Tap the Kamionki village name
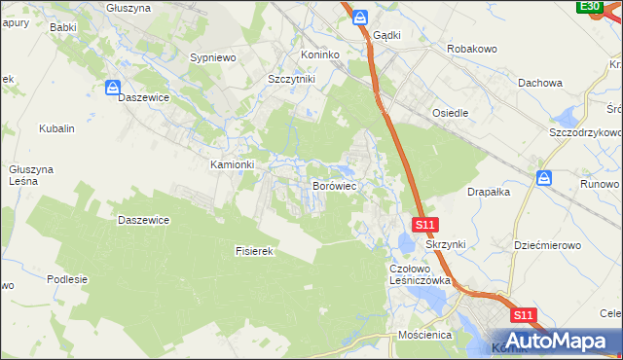(233, 165)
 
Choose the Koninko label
(324, 55)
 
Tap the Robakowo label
(472, 48)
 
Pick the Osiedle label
(451, 113)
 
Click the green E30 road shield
(588, 7)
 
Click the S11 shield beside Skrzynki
(424, 225)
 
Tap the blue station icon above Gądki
(360, 18)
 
